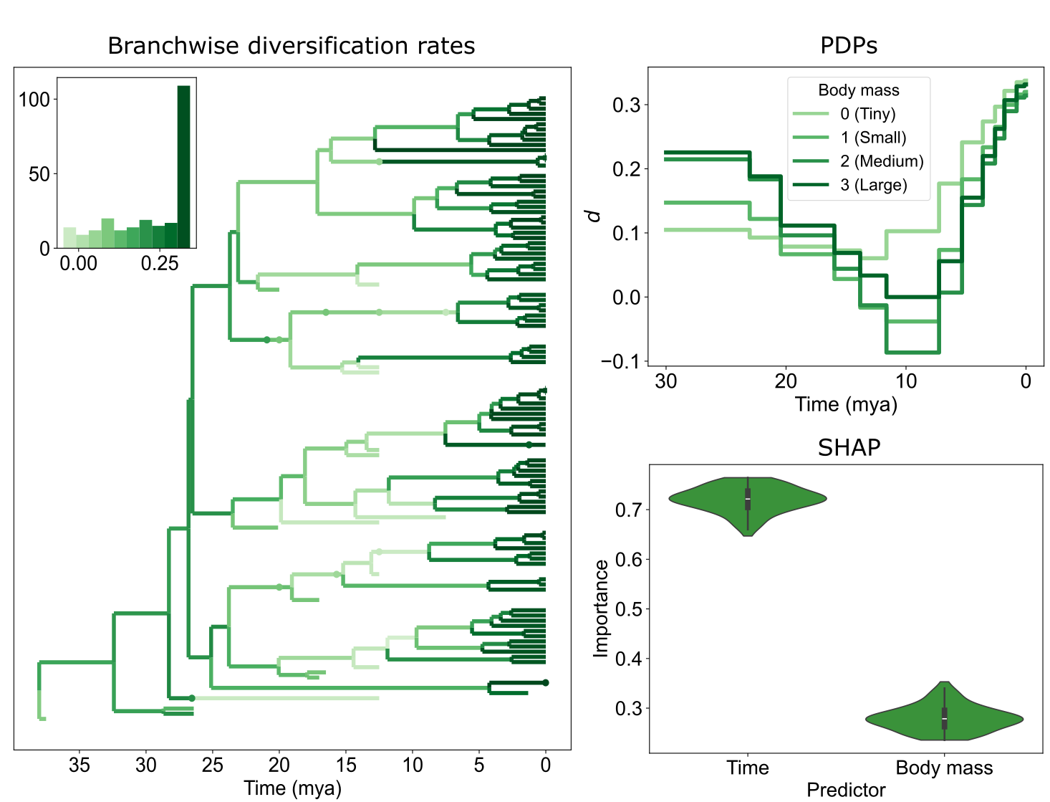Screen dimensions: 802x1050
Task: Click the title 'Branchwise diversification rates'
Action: click(x=291, y=46)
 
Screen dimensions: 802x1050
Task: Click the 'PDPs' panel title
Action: click(x=848, y=46)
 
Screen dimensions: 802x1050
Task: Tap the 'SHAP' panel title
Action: click(x=849, y=447)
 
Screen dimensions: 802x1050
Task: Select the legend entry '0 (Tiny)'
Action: click(x=867, y=114)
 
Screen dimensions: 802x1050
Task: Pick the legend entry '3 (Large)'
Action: click(x=873, y=185)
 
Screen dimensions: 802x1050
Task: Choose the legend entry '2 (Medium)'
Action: click(x=882, y=161)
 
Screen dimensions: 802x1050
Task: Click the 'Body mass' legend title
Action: click(x=858, y=90)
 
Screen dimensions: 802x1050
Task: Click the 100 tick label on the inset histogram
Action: click(x=34, y=100)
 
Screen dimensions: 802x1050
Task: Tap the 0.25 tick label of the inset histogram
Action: click(x=159, y=264)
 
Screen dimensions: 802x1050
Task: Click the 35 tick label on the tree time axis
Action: click(x=80, y=765)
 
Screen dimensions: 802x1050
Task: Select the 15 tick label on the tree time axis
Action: click(x=346, y=765)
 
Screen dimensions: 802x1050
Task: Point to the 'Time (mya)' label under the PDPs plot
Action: click(x=846, y=404)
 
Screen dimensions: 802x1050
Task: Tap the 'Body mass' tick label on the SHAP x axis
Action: click(x=944, y=768)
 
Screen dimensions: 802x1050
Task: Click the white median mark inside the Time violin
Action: click(x=748, y=498)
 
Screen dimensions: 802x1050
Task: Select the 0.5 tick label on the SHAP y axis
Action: click(x=628, y=608)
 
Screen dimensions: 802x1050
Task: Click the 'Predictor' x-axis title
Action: click(x=846, y=790)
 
